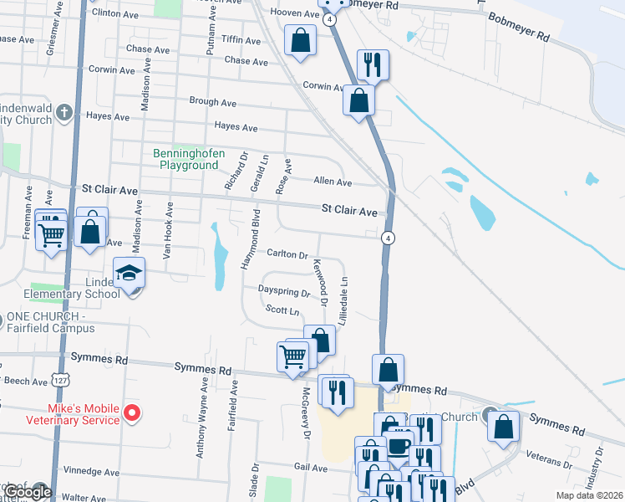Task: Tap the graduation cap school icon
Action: click(x=129, y=273)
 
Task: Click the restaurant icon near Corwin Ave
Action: click(x=372, y=64)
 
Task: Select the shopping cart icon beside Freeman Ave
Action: click(x=51, y=234)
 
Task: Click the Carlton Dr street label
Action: click(x=287, y=254)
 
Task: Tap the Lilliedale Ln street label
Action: click(x=343, y=301)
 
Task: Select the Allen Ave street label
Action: click(x=333, y=182)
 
